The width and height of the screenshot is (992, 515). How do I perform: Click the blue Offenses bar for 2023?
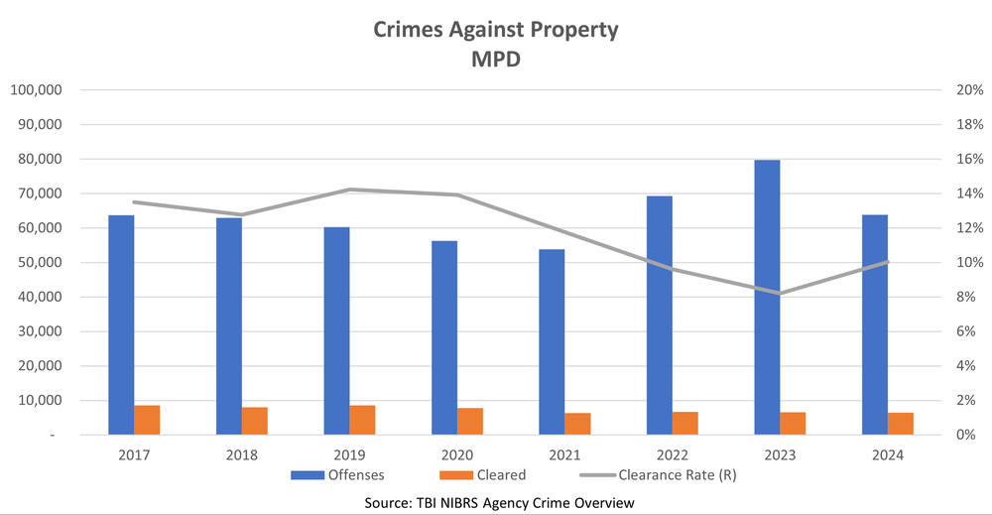pyautogui.click(x=767, y=298)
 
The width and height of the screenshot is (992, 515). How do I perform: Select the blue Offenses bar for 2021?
pyautogui.click(x=552, y=342)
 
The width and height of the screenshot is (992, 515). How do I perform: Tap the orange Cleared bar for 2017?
pyautogui.click(x=147, y=420)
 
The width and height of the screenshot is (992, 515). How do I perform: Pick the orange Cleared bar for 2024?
pyautogui.click(x=901, y=424)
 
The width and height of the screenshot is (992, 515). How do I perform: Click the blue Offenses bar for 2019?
pyautogui.click(x=336, y=331)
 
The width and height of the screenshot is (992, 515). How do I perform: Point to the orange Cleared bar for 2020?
pyautogui.click(x=470, y=422)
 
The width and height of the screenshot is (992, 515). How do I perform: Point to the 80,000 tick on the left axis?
pyautogui.click(x=37, y=159)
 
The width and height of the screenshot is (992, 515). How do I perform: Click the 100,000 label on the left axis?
pyautogui.click(x=37, y=90)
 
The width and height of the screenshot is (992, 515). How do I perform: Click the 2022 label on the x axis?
pyautogui.click(x=673, y=454)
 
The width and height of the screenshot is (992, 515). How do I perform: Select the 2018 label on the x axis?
pyautogui.click(x=242, y=454)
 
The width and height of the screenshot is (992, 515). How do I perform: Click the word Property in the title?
pyautogui.click(x=571, y=29)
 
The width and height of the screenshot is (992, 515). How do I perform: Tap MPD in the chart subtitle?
pyautogui.click(x=496, y=60)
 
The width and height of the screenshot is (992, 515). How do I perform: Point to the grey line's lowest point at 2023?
pyautogui.click(x=781, y=294)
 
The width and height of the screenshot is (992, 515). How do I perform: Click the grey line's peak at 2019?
pyautogui.click(x=350, y=190)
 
